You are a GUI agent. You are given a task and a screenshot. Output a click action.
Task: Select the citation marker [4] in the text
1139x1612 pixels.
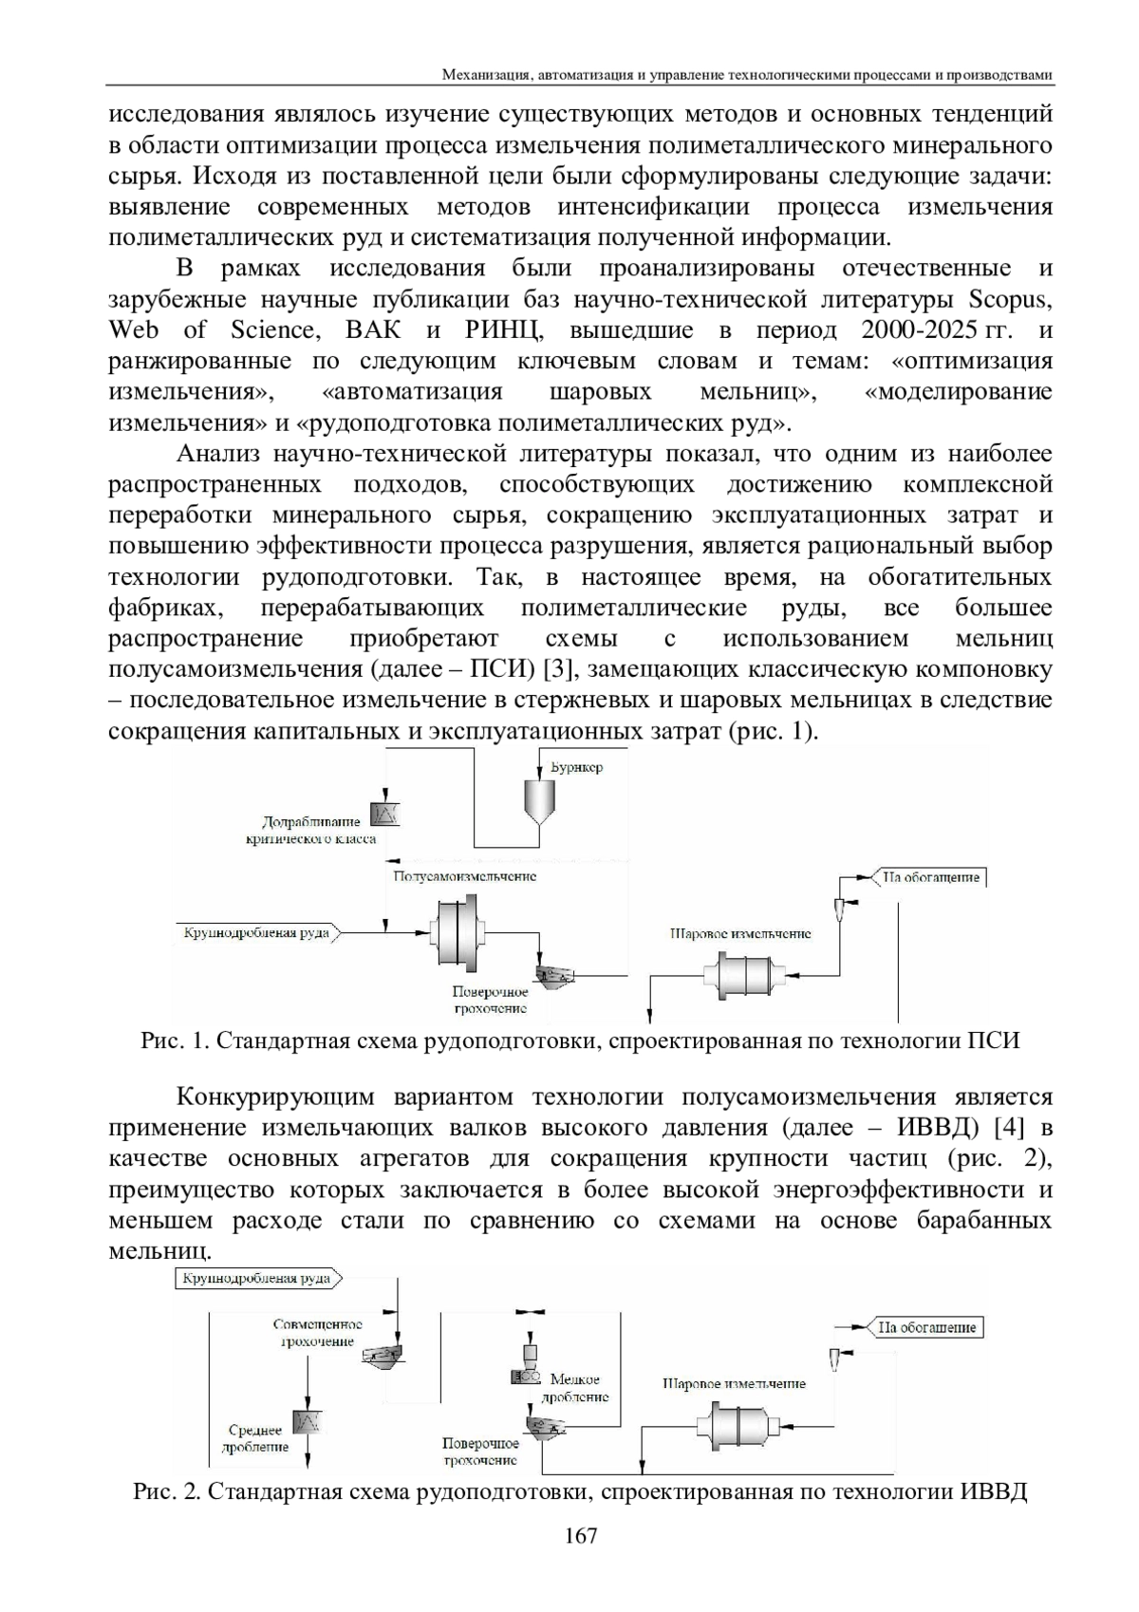click(x=1006, y=1129)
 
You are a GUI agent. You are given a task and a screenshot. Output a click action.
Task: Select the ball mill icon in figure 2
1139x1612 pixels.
click(x=738, y=1425)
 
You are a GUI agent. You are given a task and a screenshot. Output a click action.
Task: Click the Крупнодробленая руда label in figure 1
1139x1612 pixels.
click(x=256, y=932)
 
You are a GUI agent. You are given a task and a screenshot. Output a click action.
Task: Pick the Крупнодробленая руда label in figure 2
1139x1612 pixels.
click(x=256, y=1279)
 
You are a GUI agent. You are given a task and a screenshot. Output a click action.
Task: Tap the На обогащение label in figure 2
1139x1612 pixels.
click(x=926, y=1327)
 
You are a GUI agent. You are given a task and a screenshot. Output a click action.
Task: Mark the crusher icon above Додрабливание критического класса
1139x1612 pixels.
click(x=387, y=813)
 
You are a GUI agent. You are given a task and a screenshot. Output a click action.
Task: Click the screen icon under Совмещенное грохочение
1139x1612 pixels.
click(x=383, y=1359)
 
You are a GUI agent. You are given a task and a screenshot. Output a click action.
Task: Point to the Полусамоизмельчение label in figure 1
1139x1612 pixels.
click(x=464, y=876)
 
